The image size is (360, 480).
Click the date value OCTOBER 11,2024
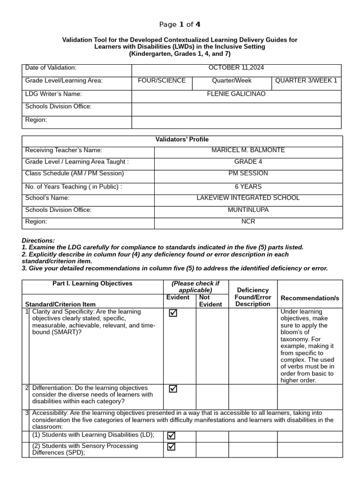coord(236,67)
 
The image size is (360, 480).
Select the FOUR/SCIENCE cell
coord(161,81)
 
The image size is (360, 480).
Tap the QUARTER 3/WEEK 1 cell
coord(306,81)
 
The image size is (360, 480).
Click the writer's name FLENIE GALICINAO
coord(236,94)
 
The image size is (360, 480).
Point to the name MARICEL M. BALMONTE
coord(248,150)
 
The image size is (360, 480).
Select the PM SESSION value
coord(248,173)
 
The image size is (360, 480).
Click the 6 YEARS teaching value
coord(248,187)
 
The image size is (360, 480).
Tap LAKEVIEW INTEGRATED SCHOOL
coord(248,198)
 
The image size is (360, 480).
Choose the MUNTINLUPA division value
coord(248,210)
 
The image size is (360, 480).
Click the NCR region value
coord(248,221)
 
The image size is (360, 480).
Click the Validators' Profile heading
coord(182,139)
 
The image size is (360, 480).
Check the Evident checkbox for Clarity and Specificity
coord(173,313)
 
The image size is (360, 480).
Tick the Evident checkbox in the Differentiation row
coord(173,389)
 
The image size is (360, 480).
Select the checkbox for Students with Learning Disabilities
coord(172,435)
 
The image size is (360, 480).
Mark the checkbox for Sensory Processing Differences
coord(172,447)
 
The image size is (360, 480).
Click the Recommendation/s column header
coord(309,298)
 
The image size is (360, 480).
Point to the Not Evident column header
coord(210,300)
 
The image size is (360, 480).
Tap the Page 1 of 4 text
coord(180,24)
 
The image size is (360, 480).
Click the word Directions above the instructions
coord(38,240)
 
